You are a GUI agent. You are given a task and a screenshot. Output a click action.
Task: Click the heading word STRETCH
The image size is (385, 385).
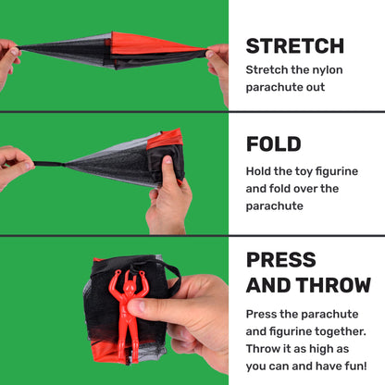click(295, 46)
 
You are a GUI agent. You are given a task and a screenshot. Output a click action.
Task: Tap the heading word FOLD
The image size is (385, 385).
click(274, 144)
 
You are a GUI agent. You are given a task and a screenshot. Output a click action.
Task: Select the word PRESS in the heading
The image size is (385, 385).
click(281, 260)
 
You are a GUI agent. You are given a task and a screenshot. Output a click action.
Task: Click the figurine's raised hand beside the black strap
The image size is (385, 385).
click(142, 275)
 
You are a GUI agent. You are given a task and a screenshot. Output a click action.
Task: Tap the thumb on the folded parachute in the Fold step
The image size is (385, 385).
click(169, 174)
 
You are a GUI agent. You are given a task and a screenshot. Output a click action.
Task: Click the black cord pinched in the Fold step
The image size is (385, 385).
click(49, 164)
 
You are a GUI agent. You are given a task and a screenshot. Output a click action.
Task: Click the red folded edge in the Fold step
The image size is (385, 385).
click(165, 140)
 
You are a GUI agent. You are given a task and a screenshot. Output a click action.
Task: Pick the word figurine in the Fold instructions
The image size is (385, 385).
click(337, 171)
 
